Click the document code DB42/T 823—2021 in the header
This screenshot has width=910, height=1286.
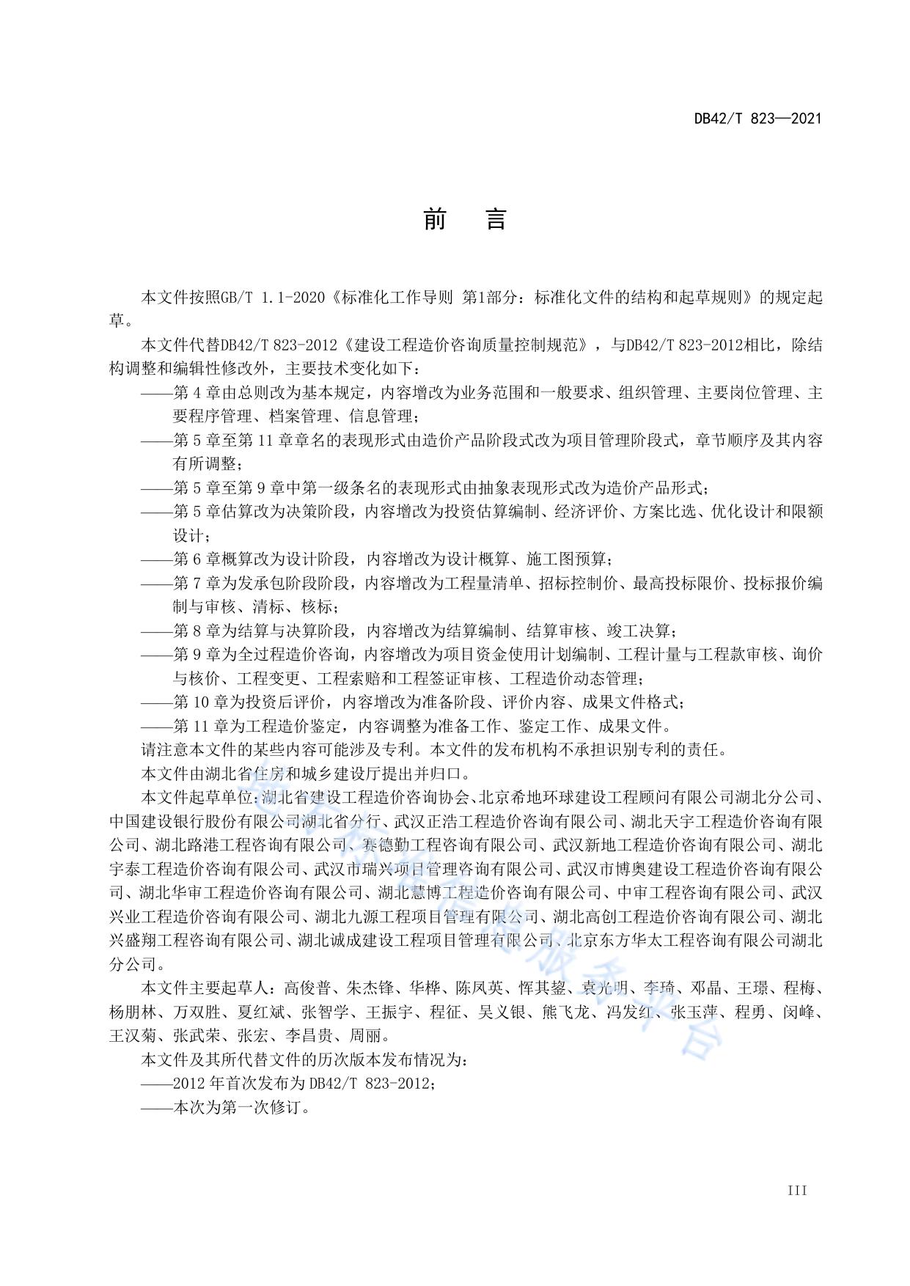[x=757, y=118]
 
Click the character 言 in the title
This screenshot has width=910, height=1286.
[x=496, y=218]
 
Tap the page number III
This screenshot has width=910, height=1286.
[x=797, y=1191]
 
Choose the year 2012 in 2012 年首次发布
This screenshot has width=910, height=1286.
[x=188, y=1084]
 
